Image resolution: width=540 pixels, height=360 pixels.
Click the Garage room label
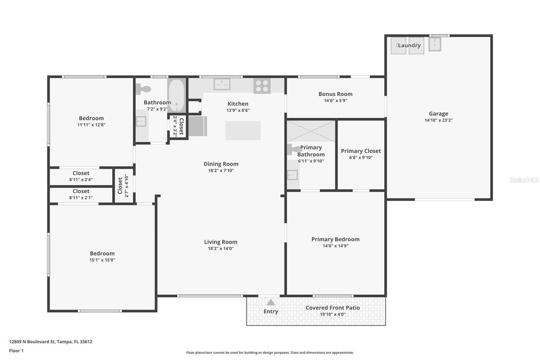point(438,114)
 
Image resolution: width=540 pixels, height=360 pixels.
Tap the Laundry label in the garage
point(409,45)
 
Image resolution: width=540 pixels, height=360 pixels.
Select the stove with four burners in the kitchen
point(262,86)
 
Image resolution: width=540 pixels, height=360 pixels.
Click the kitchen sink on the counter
point(221,84)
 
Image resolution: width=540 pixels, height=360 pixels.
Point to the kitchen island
point(243,130)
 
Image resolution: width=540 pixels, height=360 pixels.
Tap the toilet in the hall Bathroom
point(144,89)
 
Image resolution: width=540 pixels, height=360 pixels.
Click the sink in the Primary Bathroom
point(292,174)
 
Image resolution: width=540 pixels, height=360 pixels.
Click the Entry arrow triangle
point(271,303)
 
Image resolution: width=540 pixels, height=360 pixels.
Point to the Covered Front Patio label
point(332,308)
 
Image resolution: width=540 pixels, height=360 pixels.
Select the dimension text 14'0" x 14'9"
point(335,246)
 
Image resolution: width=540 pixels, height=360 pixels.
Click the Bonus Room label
point(335,94)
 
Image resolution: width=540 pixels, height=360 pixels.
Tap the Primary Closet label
point(361,151)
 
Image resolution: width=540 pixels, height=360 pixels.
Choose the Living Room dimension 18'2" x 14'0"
point(221,249)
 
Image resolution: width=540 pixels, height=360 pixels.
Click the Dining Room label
point(221,164)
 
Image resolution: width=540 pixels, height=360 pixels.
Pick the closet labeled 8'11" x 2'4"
point(81,176)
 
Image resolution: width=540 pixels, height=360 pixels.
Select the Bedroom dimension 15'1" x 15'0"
point(102,260)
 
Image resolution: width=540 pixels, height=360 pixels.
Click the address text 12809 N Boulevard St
point(51,342)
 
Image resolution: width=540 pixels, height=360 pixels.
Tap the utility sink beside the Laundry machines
point(435,44)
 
